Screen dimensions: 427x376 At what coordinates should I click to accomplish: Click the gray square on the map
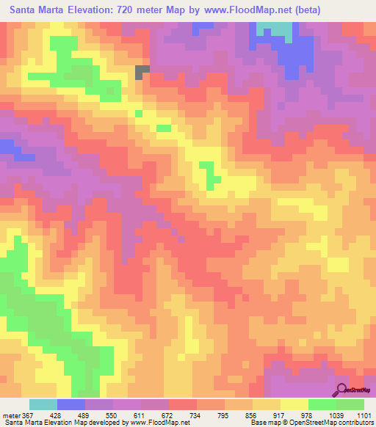tap(142, 71)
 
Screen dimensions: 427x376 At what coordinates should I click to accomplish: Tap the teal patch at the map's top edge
tap(274, 29)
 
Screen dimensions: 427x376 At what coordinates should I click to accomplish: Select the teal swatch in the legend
tap(43, 404)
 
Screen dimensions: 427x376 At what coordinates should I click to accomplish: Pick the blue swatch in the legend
tap(71, 404)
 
